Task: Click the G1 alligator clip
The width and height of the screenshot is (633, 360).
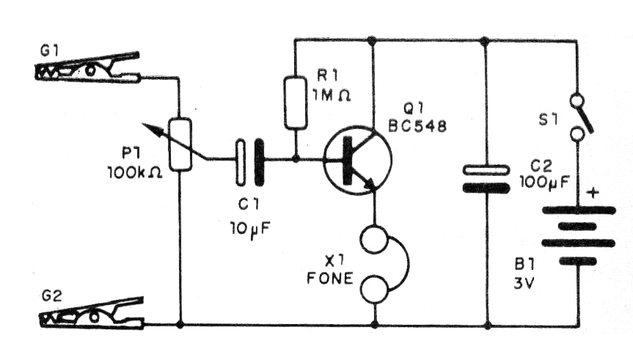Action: [x=88, y=68]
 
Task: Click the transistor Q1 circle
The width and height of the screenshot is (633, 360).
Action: [x=358, y=160]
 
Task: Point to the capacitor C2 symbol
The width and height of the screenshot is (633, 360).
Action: [x=486, y=178]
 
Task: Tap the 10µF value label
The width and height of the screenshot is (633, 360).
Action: [x=248, y=227]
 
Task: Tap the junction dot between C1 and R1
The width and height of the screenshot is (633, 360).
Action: [x=295, y=158]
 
